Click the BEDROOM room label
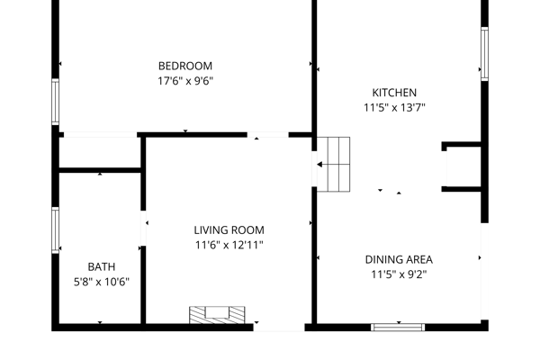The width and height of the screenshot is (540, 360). point(184,66)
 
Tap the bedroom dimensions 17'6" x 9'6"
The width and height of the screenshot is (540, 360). point(185,81)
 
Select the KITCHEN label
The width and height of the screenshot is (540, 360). point(394,93)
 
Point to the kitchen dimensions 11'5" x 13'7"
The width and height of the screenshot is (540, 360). point(394,108)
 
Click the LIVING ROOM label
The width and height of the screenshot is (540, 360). point(229,230)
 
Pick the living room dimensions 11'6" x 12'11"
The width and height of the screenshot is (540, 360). point(229,246)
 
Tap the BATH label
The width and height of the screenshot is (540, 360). point(101,267)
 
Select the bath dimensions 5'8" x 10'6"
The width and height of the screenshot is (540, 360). point(101,282)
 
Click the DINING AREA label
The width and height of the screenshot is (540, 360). point(399,259)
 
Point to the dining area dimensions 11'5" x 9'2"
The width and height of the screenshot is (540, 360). point(399,274)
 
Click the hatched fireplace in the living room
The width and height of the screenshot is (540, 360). point(217,315)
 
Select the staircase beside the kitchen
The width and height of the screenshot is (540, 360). point(333,165)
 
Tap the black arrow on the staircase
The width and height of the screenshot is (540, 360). point(319,165)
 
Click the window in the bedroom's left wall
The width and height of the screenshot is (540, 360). point(55,102)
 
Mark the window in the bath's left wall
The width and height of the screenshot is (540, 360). point(55,230)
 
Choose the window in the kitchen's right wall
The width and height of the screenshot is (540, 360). point(484,54)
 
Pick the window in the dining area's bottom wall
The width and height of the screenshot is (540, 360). point(398,328)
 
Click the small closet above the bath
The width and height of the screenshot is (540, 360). point(100,153)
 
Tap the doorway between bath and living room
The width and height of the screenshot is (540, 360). point(143,229)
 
